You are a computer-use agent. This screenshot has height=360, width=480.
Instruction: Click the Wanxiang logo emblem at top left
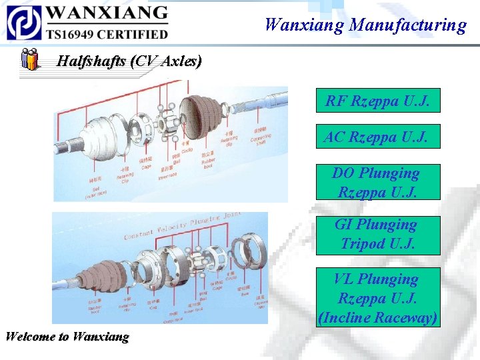click(24, 22)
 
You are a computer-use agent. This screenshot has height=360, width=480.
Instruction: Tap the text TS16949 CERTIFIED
click(107, 33)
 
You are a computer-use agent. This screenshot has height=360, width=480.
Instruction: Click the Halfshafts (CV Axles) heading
click(129, 61)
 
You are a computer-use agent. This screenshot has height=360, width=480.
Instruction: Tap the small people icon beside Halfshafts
click(29, 59)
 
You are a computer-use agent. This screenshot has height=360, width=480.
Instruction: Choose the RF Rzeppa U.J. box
click(377, 101)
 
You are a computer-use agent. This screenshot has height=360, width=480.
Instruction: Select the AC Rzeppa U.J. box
click(377, 137)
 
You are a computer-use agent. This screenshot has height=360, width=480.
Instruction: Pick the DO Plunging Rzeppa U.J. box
click(377, 182)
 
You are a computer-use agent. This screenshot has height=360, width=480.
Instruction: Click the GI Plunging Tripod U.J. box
click(377, 234)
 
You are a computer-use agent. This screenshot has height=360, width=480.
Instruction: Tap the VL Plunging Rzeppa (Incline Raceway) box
click(377, 298)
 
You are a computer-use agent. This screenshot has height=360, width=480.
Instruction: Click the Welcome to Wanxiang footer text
click(67, 336)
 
